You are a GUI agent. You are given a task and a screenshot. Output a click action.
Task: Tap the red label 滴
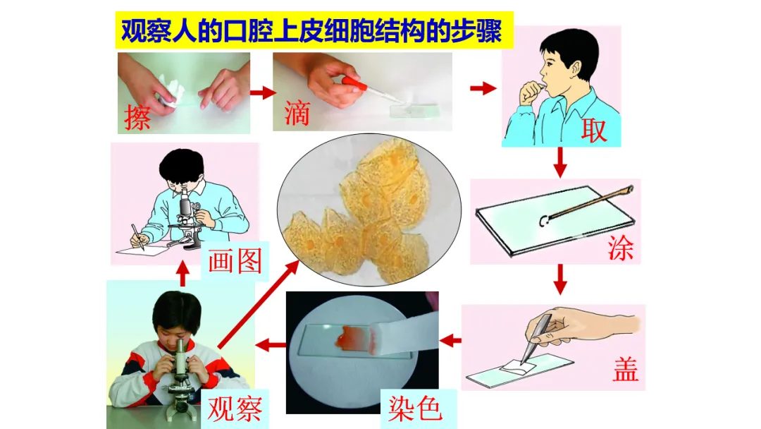(297, 113)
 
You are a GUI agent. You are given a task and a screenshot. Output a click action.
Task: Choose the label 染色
(415, 409)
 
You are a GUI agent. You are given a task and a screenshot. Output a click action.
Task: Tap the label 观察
(235, 408)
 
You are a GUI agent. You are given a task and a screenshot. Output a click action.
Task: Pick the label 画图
(235, 261)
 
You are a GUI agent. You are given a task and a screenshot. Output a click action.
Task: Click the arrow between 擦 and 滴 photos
(263, 92)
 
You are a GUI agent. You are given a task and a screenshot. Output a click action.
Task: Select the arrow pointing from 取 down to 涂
(560, 162)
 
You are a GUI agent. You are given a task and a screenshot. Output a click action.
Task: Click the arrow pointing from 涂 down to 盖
(560, 279)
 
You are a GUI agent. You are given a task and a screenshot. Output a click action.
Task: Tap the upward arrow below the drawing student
(182, 274)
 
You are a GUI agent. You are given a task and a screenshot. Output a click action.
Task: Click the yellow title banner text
(311, 30)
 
